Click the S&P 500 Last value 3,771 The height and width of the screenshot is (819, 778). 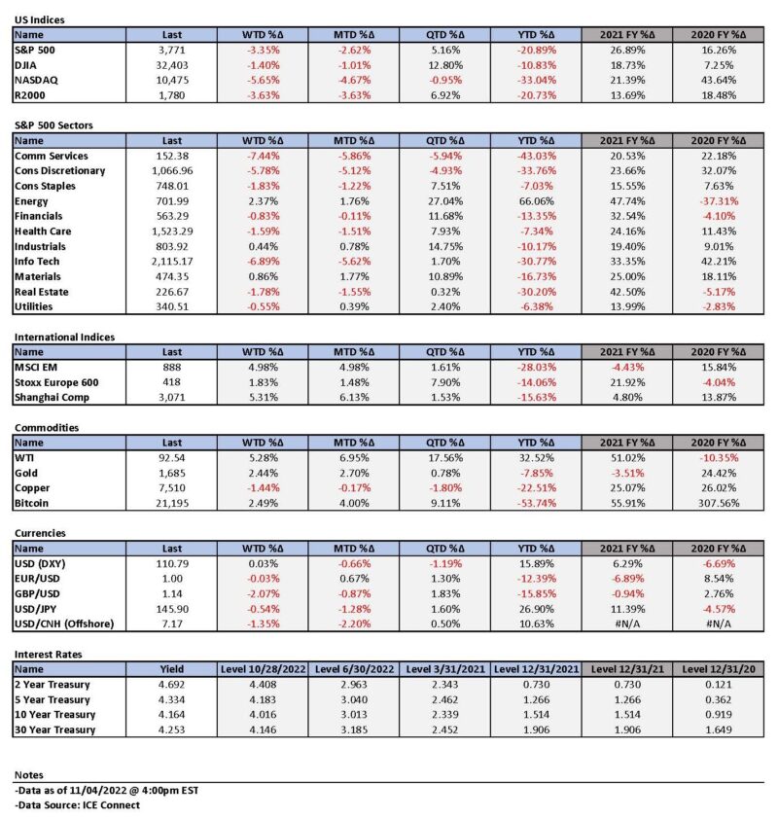click(171, 51)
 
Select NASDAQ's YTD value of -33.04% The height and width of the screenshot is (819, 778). click(536, 81)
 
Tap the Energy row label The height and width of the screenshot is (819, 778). click(31, 201)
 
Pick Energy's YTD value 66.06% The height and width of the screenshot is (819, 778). click(536, 201)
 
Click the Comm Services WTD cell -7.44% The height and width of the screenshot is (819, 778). click(264, 157)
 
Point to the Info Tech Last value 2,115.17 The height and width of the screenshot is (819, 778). click(171, 262)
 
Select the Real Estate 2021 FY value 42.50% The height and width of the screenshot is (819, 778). click(627, 292)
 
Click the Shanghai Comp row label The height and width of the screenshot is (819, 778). click(52, 398)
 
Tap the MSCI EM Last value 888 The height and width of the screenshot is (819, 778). click(171, 368)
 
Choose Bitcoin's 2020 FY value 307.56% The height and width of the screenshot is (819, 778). click(719, 504)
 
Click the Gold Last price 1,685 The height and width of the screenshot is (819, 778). click(171, 474)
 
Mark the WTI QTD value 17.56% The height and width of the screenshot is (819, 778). click(445, 458)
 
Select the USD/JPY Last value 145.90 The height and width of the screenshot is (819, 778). click(171, 609)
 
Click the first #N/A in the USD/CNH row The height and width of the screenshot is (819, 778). click(627, 624)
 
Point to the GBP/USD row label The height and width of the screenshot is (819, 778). click(37, 594)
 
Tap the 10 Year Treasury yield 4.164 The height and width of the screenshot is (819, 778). click(171, 715)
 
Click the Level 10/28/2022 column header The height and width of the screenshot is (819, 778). click(264, 669)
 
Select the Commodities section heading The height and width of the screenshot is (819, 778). click(47, 428)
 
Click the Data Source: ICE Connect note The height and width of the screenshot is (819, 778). click(77, 805)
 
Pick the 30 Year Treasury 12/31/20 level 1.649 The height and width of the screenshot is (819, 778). click(719, 730)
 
